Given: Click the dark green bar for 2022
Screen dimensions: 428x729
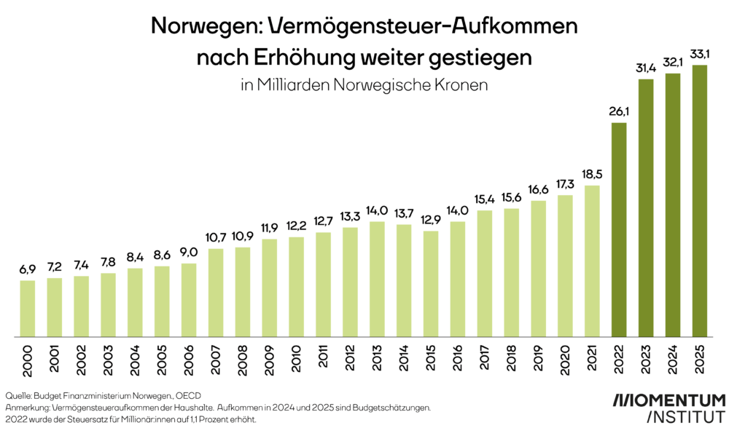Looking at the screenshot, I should pyautogui.click(x=619, y=229).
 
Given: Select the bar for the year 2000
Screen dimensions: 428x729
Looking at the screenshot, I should pyautogui.click(x=28, y=308).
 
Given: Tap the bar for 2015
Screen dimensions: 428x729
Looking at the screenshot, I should pyautogui.click(x=431, y=284).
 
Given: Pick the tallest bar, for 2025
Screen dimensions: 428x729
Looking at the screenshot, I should pyautogui.click(x=700, y=201).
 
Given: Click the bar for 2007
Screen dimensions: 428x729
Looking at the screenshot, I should pyautogui.click(x=216, y=293).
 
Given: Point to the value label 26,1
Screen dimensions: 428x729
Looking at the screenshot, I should pyautogui.click(x=619, y=112).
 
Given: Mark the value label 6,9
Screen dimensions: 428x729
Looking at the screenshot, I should pyautogui.click(x=28, y=270).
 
